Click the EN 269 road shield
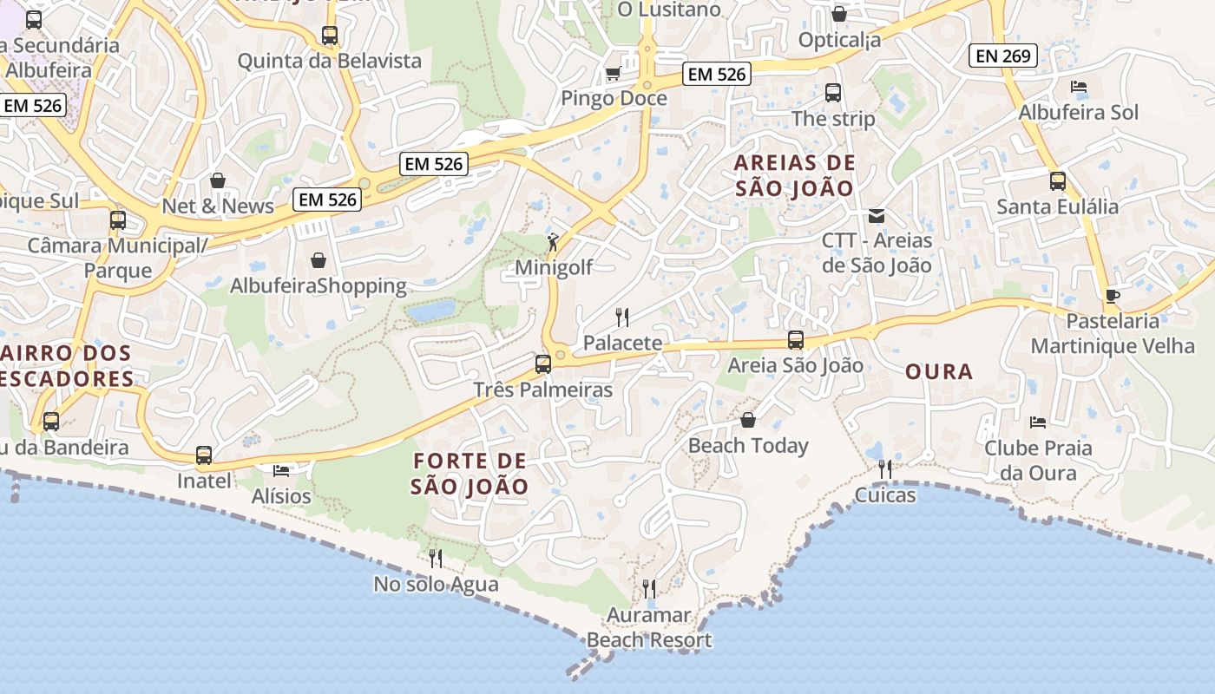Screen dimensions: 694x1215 point(1003,56)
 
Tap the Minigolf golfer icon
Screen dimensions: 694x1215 point(553,242)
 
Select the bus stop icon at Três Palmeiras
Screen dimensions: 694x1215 point(543,364)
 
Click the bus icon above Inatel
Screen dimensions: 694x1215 point(204,455)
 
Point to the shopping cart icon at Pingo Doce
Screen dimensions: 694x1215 point(613,74)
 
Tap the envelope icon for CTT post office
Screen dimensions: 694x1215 point(877,216)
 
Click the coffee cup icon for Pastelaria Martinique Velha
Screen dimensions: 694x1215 point(1113,296)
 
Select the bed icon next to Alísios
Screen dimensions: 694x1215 point(281,470)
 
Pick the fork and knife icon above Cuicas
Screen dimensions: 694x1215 point(885,469)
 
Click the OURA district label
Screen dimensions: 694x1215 point(939,372)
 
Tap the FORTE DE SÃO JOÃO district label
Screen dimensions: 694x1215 point(470,474)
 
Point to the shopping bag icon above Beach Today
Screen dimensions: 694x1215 point(748,421)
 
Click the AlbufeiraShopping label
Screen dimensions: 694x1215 point(318,285)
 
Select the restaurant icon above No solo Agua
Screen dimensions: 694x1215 point(436,558)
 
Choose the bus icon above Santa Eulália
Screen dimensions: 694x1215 point(1058,181)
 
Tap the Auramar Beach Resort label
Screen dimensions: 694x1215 point(649,628)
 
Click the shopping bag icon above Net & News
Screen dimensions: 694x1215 point(218,180)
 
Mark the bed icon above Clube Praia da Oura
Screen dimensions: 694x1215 point(1038,422)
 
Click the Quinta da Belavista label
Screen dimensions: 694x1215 point(329,61)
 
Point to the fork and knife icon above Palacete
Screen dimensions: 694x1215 point(621,318)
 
